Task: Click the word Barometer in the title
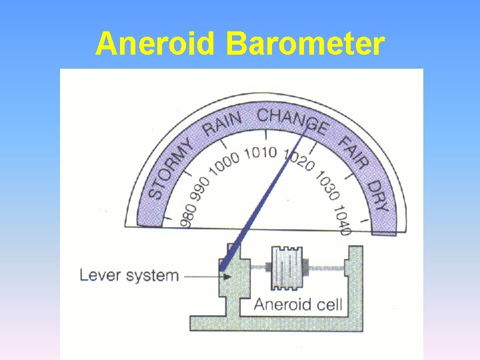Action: (x=305, y=45)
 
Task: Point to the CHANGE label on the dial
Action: (x=292, y=119)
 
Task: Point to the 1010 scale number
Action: (x=260, y=153)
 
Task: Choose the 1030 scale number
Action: (x=327, y=185)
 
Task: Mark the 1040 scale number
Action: (x=341, y=220)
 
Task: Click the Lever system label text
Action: (x=129, y=275)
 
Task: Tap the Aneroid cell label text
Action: (x=298, y=305)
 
